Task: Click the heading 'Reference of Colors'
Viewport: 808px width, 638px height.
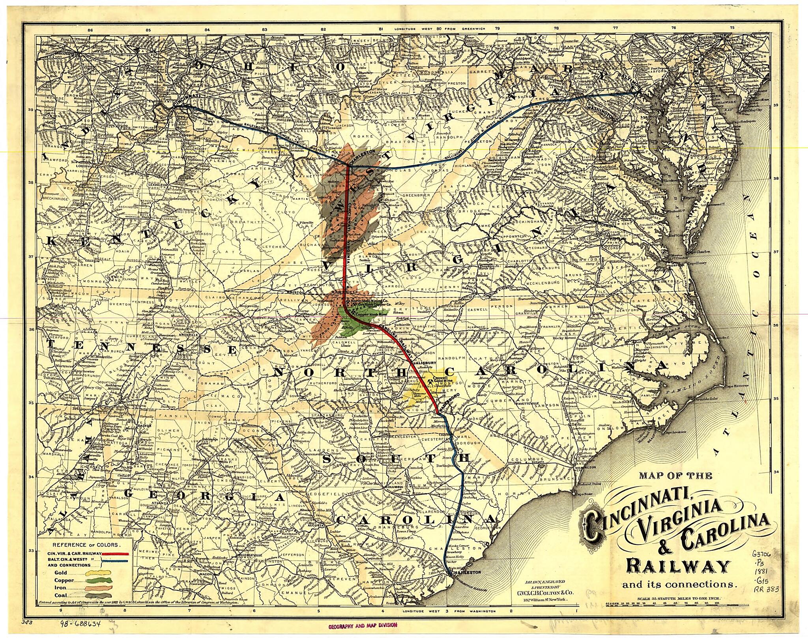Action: (x=86, y=545)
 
